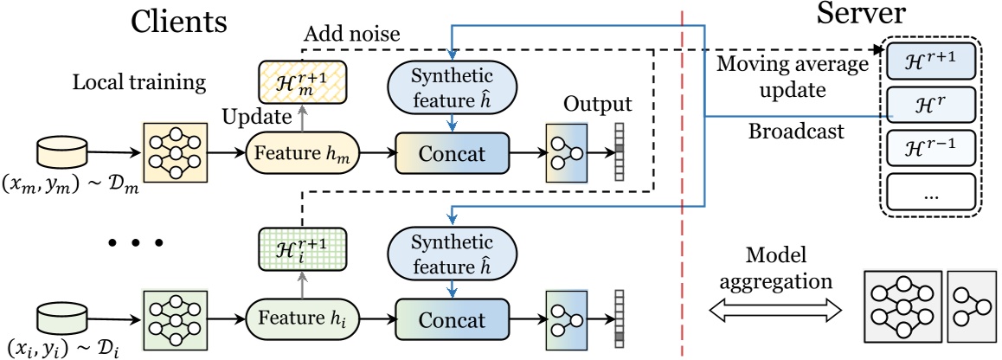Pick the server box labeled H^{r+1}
coord(930,61)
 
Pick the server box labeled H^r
coord(930,104)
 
